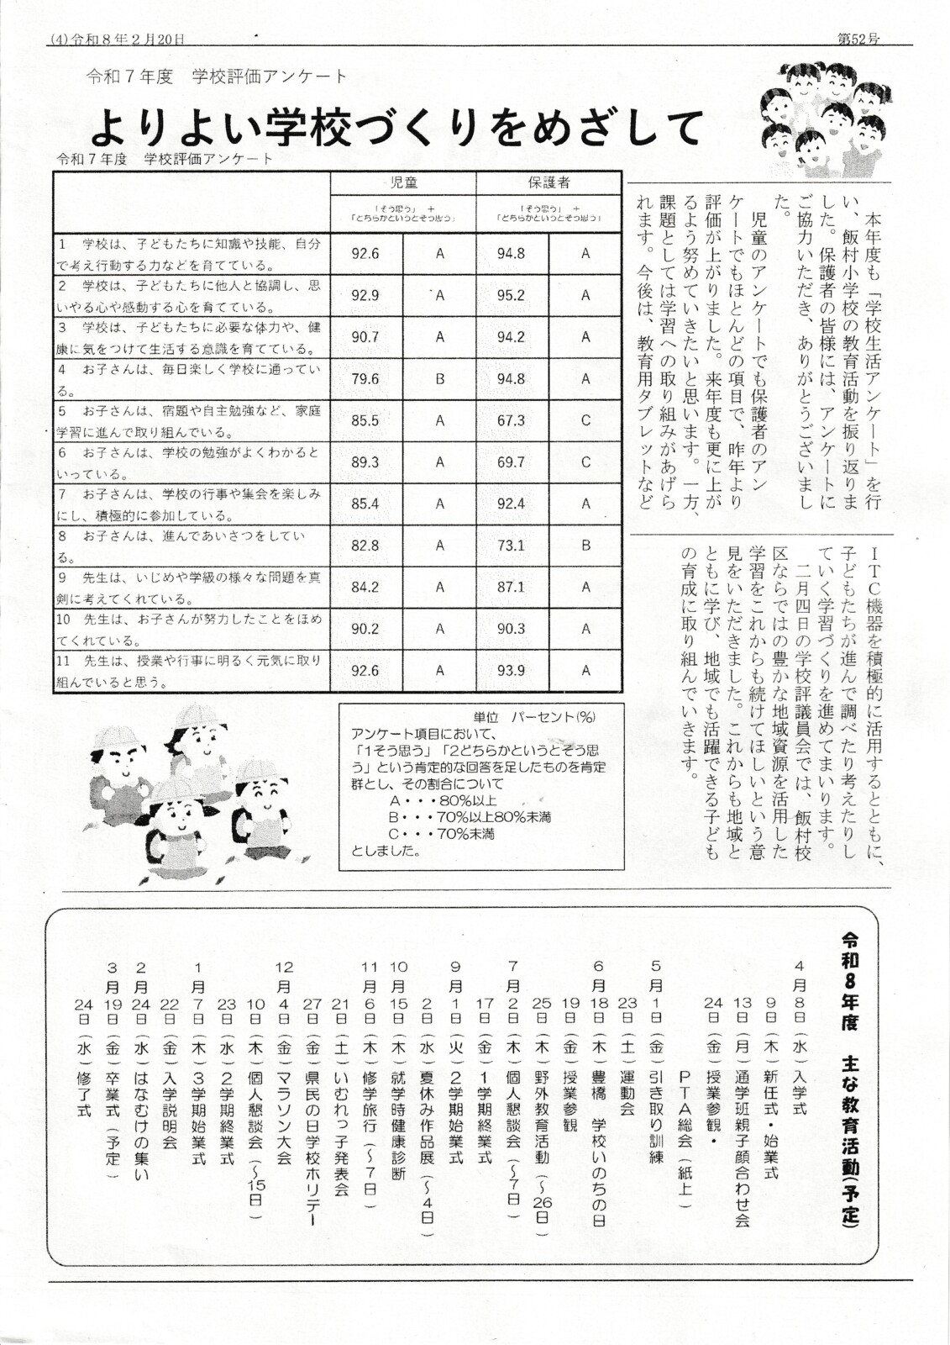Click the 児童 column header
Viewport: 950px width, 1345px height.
tap(403, 182)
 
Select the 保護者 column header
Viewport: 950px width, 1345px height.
tap(548, 182)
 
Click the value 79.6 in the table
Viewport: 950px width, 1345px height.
tap(365, 379)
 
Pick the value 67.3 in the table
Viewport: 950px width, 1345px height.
tap(511, 420)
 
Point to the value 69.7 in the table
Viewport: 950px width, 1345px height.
tap(511, 462)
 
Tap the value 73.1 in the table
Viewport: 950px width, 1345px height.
tap(511, 546)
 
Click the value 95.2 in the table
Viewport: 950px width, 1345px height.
tap(511, 296)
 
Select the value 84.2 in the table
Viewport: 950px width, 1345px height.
tap(365, 588)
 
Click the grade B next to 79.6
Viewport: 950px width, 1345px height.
tap(439, 379)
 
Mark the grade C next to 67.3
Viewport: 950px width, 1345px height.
tap(585, 420)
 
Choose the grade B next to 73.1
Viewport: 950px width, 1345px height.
tap(585, 546)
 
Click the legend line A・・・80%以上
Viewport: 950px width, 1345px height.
tap(443, 800)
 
